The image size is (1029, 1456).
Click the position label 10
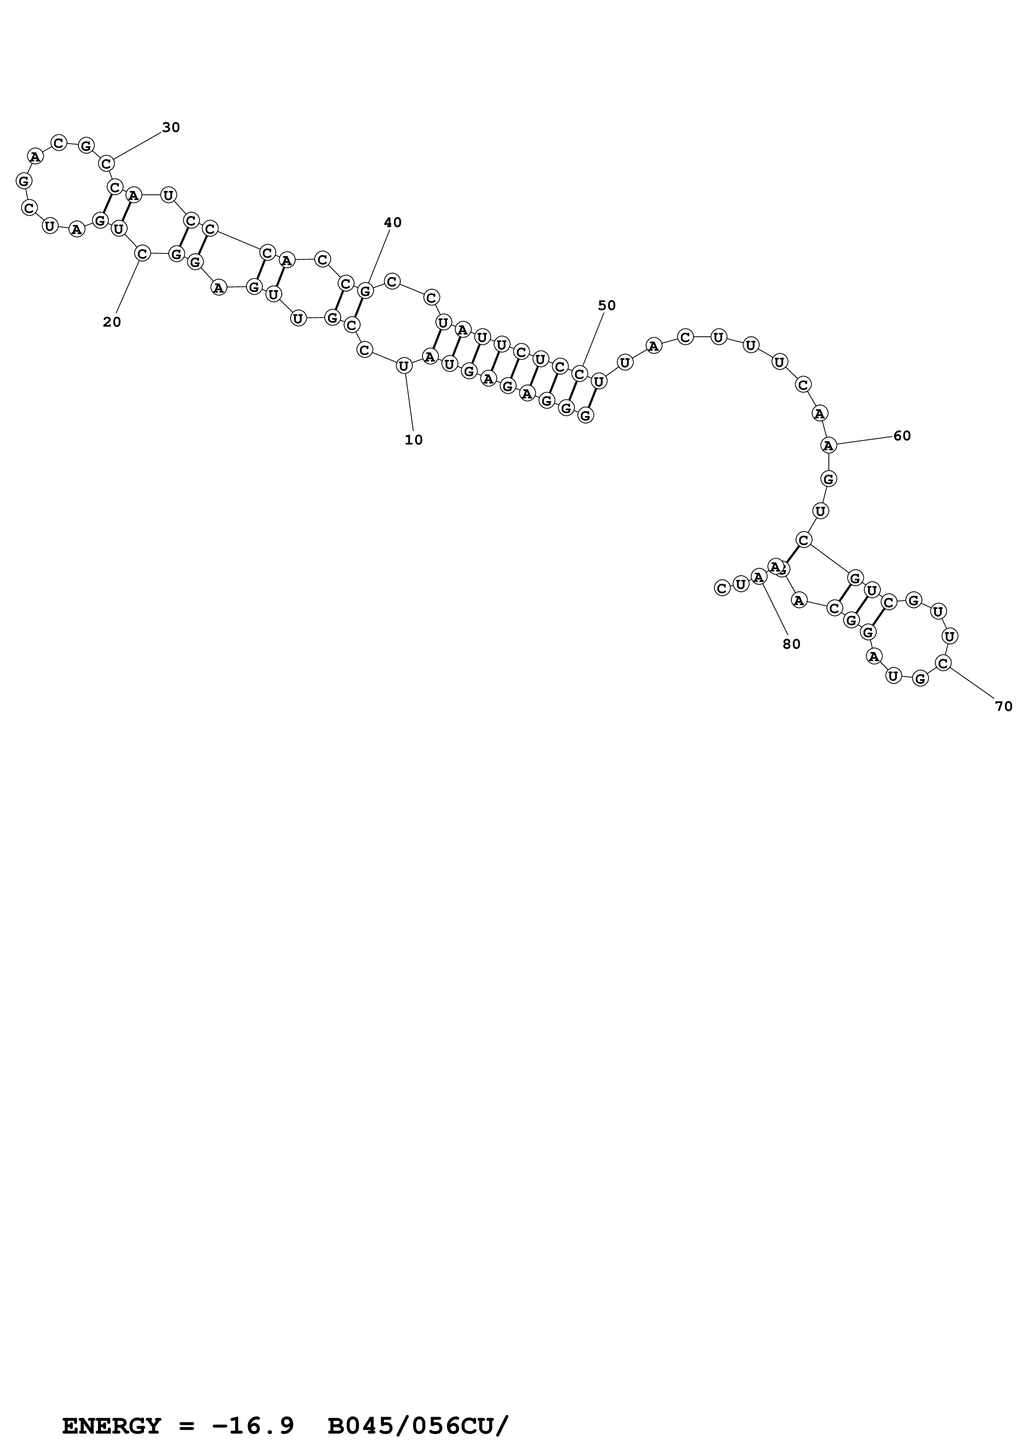pos(413,440)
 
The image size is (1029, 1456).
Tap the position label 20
pos(112,322)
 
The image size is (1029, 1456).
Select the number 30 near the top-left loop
pos(171,127)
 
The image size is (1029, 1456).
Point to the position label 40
pos(392,222)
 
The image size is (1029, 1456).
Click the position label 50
pos(607,305)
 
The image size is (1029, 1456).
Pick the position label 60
pos(902,436)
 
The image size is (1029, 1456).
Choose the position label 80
pos(791,644)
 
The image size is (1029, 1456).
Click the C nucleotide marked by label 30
pos(107,164)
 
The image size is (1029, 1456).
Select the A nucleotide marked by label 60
pos(828,445)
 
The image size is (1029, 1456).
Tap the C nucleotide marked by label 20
pos(142,254)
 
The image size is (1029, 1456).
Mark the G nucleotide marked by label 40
pos(364,291)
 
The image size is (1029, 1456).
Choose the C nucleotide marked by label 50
pos(579,374)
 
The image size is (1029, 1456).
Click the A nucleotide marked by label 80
pos(758,577)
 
